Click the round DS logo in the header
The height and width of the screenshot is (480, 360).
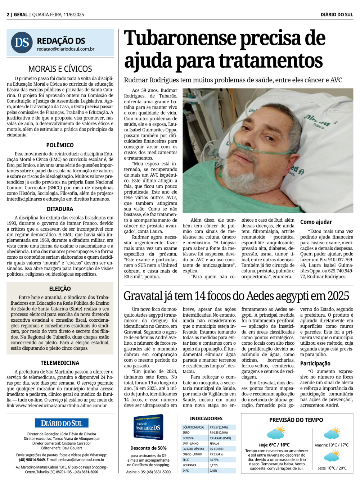[x=22, y=42]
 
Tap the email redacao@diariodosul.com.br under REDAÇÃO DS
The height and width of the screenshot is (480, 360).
[x=66, y=49]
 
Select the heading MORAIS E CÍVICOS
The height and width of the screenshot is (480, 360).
[x=60, y=69]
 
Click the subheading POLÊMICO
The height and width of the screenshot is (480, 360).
[x=60, y=145]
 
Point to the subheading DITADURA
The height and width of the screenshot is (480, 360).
[x=60, y=209]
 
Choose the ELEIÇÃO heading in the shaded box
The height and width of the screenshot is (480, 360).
[x=60, y=289]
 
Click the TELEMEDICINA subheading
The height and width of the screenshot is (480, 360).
[x=60, y=363]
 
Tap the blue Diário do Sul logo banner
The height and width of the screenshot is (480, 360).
[x=62, y=423]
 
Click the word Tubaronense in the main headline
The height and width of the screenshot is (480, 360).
[x=180, y=39]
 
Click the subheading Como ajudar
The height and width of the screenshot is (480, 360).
[x=316, y=222]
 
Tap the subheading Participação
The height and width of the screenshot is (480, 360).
[x=315, y=363]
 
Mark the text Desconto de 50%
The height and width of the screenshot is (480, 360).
[x=148, y=448]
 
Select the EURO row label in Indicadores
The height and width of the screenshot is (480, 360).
[x=186, y=433]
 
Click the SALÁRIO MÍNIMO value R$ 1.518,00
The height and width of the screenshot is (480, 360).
[x=217, y=449]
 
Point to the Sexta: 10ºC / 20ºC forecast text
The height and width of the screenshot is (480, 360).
[x=332, y=468]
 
